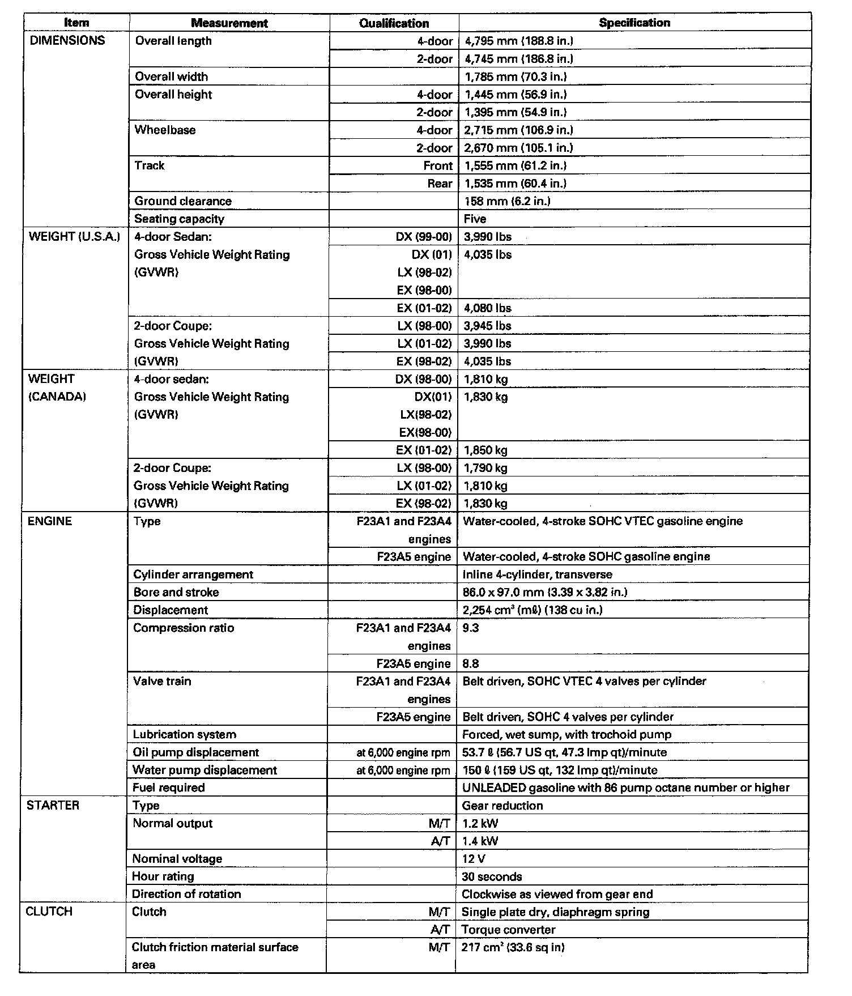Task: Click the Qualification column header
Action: coord(394,23)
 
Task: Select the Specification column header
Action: coord(634,23)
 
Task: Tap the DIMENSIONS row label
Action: coord(67,40)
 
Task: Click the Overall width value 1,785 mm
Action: coord(515,76)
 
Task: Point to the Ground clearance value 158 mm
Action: coord(506,201)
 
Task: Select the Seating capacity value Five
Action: coord(475,219)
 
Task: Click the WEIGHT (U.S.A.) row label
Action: coord(74,237)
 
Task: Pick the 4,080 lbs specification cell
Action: coord(488,308)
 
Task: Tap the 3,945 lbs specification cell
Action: coord(488,326)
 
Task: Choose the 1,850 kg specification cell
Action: coord(485,450)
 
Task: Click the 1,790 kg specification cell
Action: coord(485,468)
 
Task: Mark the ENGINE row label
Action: coord(50,521)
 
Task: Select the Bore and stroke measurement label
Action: coord(176,592)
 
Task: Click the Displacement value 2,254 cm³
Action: coord(532,610)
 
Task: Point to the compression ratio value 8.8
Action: coord(471,663)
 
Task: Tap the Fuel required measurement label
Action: coord(168,788)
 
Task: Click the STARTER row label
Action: coord(53,805)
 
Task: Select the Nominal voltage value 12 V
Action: coord(474,859)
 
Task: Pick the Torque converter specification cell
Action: coord(508,930)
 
